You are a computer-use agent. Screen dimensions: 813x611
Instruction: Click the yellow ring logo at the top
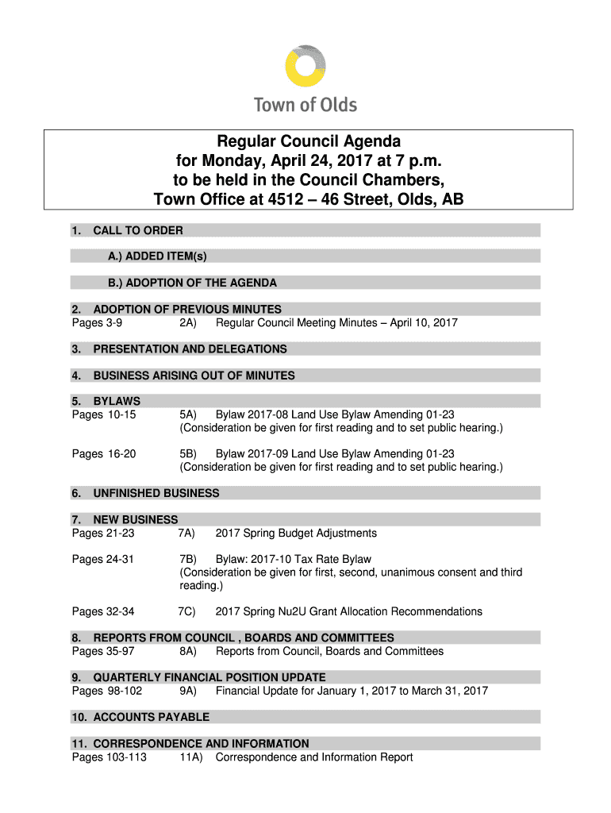click(x=305, y=66)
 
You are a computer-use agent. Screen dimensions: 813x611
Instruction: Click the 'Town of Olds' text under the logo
click(x=305, y=105)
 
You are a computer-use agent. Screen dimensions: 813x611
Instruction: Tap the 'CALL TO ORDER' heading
click(x=138, y=230)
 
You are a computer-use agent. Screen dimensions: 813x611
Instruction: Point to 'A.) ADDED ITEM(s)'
click(x=158, y=256)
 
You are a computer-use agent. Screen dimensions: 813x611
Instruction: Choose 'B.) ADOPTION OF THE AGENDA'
click(x=193, y=283)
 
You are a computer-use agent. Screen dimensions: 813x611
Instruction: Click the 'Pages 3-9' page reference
click(x=97, y=323)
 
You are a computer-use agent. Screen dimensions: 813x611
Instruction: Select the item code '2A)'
click(x=188, y=323)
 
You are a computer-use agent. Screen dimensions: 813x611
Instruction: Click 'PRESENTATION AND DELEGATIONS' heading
click(x=190, y=349)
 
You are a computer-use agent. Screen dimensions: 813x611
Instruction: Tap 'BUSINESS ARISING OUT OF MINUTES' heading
click(x=194, y=376)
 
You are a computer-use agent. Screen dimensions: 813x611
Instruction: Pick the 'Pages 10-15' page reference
click(x=104, y=414)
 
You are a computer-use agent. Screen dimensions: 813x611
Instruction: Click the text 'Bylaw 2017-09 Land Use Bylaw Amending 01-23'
click(x=335, y=454)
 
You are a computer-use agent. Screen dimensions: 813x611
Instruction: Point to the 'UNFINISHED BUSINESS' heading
click(x=156, y=493)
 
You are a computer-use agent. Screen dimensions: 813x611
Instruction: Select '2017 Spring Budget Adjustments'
click(x=296, y=533)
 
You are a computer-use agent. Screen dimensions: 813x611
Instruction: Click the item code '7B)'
click(x=188, y=559)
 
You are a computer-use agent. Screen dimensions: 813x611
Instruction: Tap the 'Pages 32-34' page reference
click(x=103, y=611)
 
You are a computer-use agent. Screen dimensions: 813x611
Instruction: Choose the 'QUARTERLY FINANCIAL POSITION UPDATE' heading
click(x=209, y=677)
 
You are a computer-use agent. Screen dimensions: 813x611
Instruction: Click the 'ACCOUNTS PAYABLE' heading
click(x=152, y=717)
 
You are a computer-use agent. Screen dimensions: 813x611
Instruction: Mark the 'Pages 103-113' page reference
click(x=110, y=757)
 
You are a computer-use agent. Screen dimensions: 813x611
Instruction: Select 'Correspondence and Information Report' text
click(x=314, y=757)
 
